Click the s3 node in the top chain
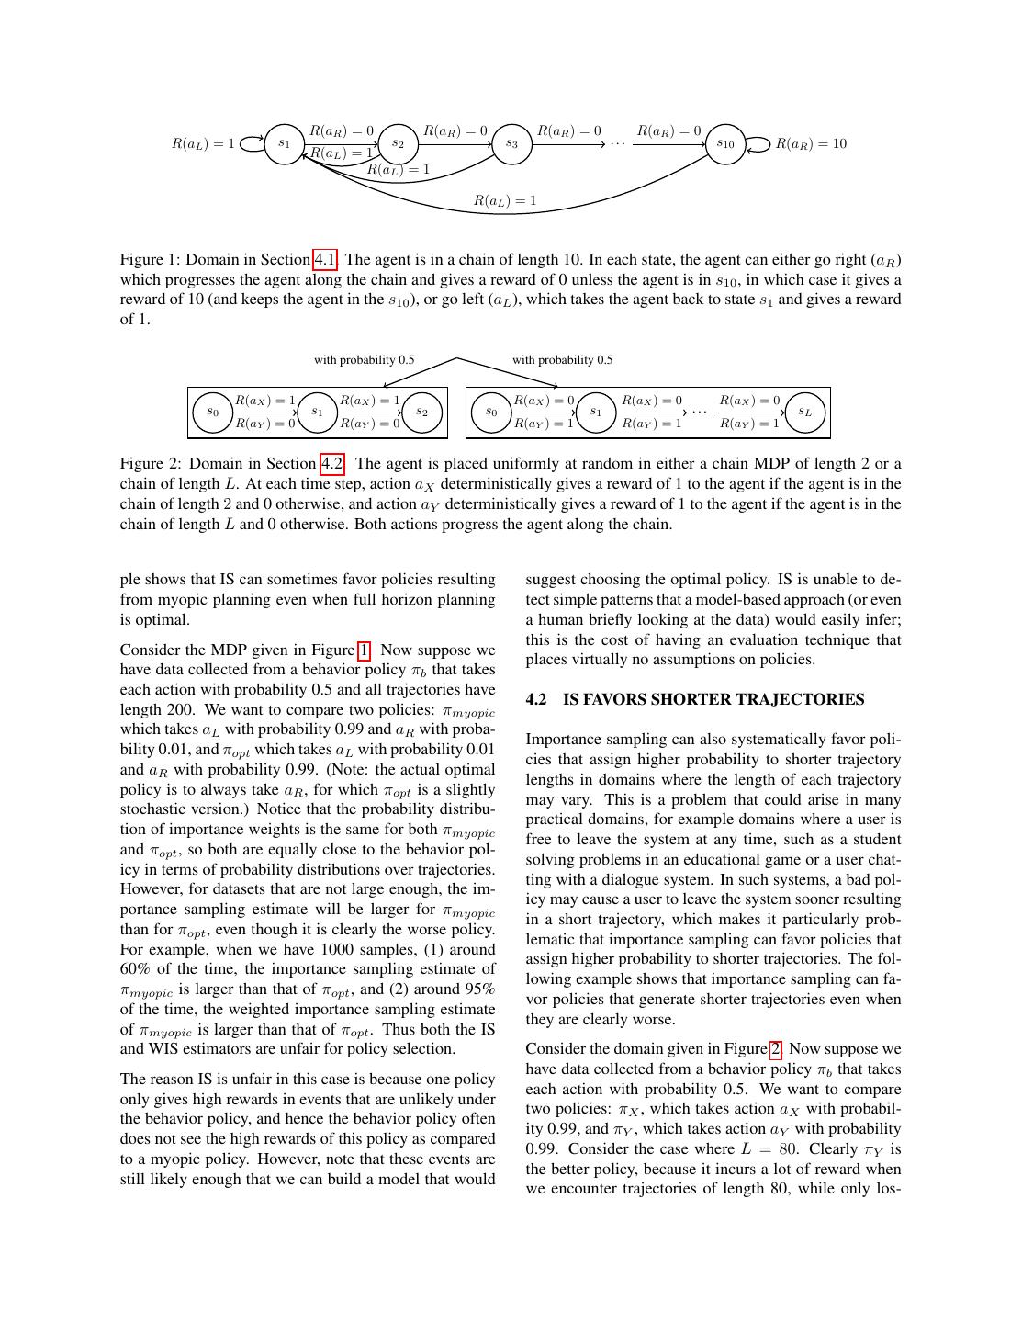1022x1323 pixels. coord(512,144)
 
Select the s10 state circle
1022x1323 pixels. coord(725,144)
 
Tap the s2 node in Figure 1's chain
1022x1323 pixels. coord(398,144)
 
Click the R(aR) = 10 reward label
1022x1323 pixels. coord(811,144)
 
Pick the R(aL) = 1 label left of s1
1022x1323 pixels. coord(203,144)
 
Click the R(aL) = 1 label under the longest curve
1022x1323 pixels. coord(505,200)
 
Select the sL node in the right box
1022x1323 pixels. coord(804,413)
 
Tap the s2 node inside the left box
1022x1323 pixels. coord(421,413)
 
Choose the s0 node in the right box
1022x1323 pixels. coord(491,413)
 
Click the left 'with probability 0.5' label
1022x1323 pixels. coord(364,360)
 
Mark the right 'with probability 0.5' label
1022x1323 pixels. coord(562,360)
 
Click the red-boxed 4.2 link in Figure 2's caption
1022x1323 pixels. coord(331,464)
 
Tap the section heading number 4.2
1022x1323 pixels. coord(536,700)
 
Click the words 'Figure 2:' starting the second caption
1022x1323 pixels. coord(151,464)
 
